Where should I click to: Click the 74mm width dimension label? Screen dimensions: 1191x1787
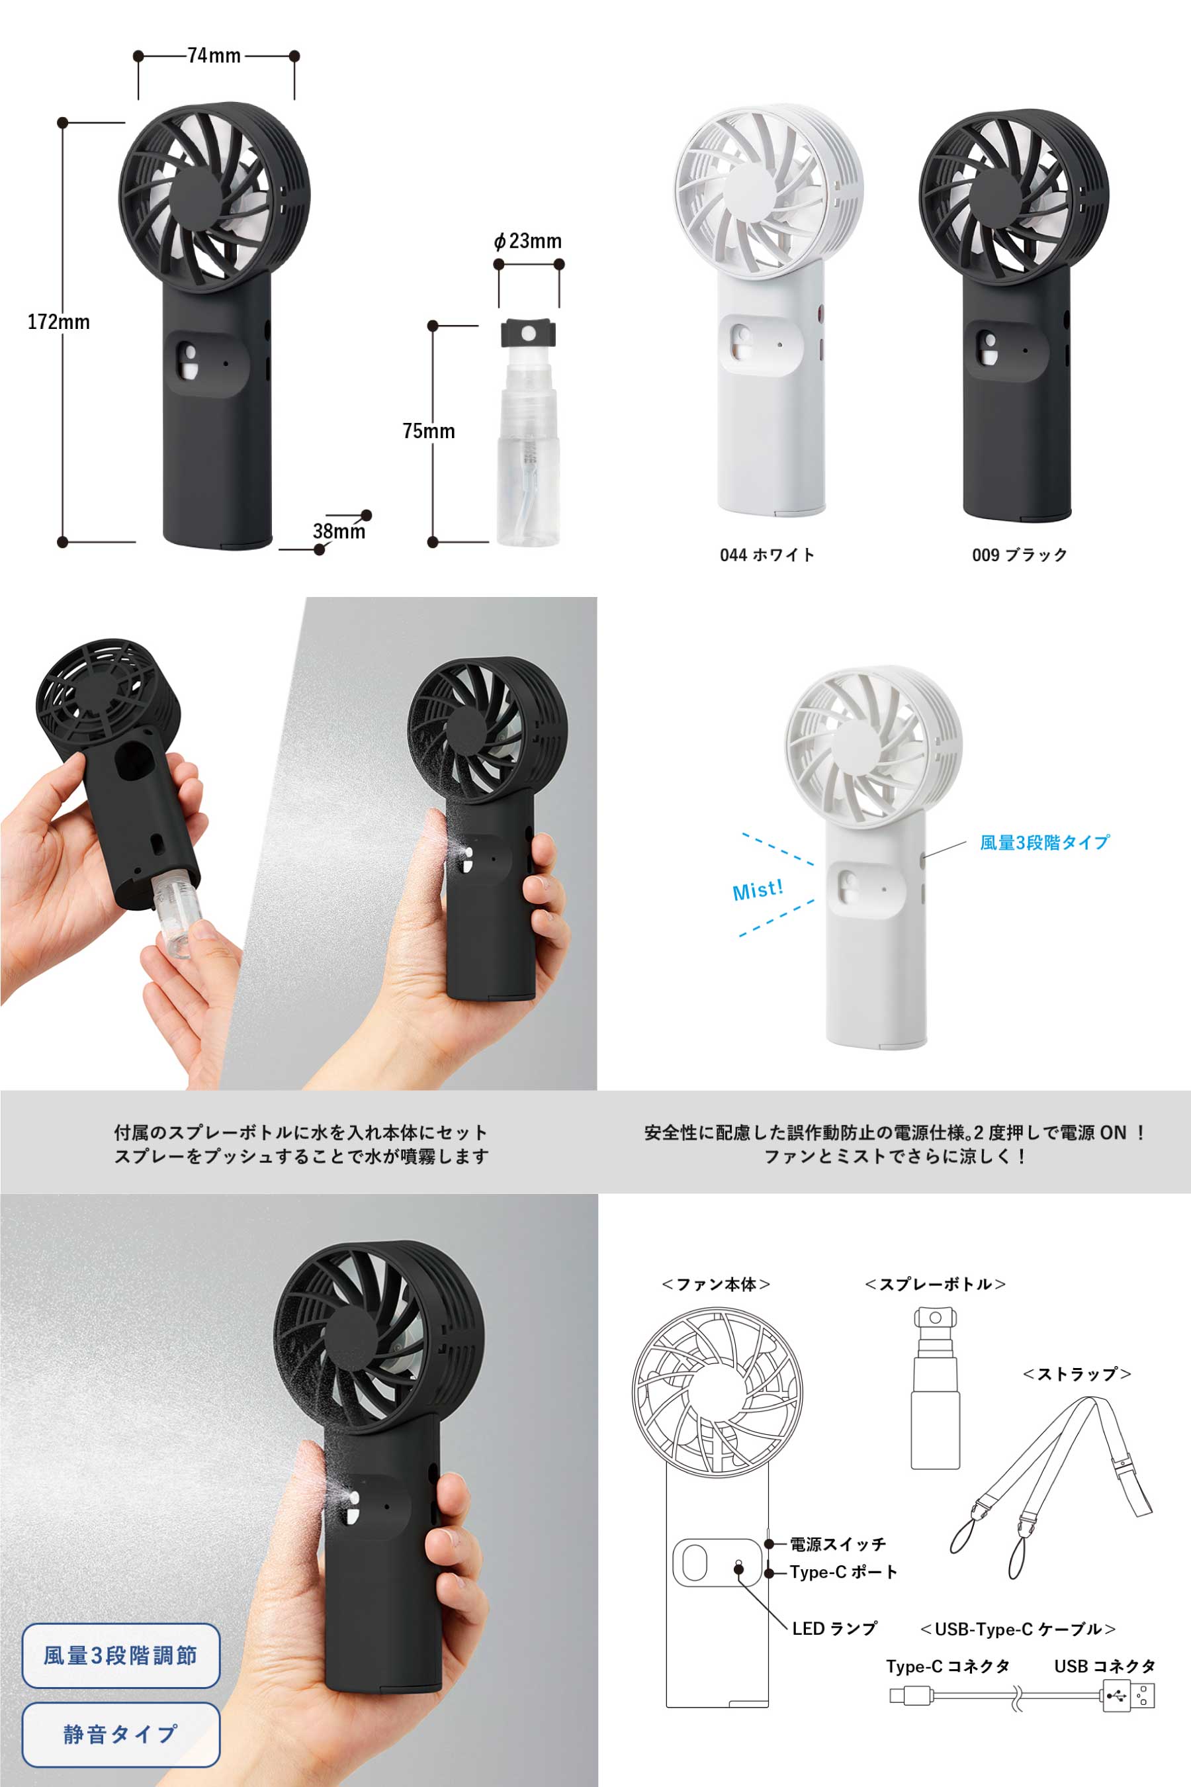click(x=214, y=56)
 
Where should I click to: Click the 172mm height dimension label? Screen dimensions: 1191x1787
click(x=58, y=322)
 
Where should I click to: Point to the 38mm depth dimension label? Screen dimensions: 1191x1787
click(x=339, y=531)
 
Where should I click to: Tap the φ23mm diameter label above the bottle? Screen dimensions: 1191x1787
click(x=528, y=241)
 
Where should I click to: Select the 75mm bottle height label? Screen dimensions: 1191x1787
click(x=428, y=431)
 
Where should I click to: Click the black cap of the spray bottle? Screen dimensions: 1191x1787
click(x=528, y=333)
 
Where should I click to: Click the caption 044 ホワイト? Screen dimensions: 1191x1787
click(x=767, y=555)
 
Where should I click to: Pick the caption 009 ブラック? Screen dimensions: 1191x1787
click(x=1020, y=555)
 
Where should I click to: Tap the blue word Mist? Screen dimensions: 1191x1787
click(x=758, y=890)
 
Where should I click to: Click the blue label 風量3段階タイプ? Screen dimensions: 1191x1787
click(x=1044, y=842)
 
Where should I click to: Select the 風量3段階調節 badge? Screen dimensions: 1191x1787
click(x=121, y=1655)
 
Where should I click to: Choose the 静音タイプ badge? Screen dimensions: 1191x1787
click(x=121, y=1735)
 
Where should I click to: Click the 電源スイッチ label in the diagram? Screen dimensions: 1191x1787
click(x=838, y=1544)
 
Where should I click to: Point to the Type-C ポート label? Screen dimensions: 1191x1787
click(x=843, y=1572)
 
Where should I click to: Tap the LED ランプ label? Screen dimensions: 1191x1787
click(x=834, y=1628)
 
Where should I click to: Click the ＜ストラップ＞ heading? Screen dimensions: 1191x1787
click(x=1077, y=1374)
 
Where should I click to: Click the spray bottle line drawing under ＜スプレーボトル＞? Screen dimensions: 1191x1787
click(x=935, y=1388)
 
